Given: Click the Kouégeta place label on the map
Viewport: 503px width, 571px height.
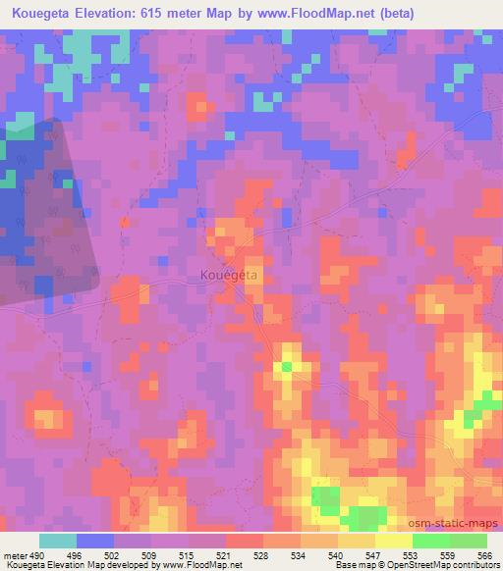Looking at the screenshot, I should (x=229, y=277).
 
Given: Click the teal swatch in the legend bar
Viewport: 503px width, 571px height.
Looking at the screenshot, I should (x=58, y=541).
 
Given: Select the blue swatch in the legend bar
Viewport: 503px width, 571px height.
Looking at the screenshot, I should (x=95, y=541).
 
